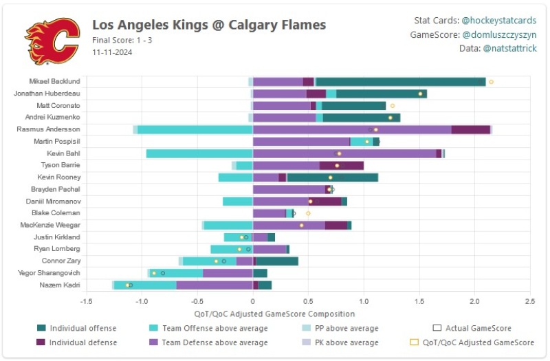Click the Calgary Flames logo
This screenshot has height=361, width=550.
tap(53, 40)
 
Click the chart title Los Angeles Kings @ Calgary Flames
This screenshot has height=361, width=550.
tap(209, 25)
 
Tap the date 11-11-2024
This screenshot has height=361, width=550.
tap(112, 52)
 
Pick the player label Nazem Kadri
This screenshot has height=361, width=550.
tap(61, 285)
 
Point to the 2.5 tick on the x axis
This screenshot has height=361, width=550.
tap(529, 301)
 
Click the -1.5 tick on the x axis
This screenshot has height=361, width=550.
tap(86, 301)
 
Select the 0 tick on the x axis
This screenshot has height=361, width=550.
tap(253, 301)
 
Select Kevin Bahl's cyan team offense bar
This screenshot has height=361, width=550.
tap(199, 153)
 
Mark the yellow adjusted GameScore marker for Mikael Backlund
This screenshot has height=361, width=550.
tap(491, 82)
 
